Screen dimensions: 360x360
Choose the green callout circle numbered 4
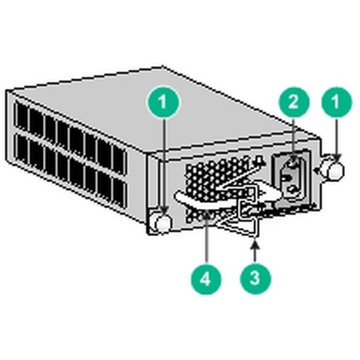click(x=206, y=278)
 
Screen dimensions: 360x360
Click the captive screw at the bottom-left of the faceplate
click(x=162, y=223)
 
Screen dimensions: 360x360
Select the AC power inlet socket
click(x=292, y=176)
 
